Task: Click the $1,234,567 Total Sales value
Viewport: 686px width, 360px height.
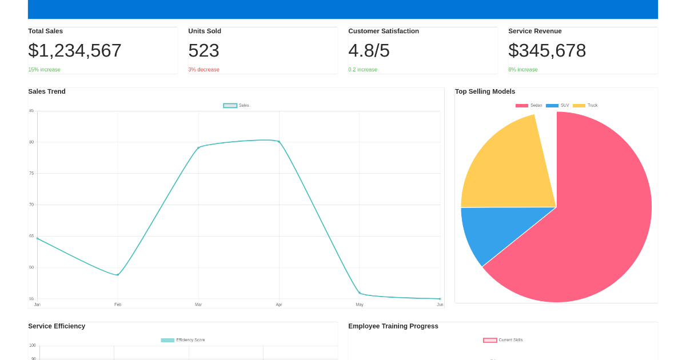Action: click(75, 50)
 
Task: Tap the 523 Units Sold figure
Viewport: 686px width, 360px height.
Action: click(204, 50)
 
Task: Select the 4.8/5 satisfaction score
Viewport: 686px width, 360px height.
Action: click(369, 50)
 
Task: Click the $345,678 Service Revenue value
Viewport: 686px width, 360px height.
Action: click(547, 50)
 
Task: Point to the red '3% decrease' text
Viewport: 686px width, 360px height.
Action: click(204, 70)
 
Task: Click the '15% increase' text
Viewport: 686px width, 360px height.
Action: click(44, 70)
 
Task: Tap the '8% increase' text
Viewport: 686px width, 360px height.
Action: click(523, 70)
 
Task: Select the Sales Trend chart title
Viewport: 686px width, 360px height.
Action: click(47, 91)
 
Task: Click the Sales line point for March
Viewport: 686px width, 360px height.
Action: click(198, 147)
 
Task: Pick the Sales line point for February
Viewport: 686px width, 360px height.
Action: click(118, 275)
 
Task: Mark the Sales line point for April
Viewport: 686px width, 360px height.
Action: click(279, 141)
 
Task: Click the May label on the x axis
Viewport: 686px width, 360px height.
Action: click(360, 305)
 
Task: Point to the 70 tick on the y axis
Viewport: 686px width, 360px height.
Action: click(31, 205)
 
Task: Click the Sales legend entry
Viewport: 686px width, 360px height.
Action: click(236, 105)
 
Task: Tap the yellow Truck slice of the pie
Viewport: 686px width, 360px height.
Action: click(509, 166)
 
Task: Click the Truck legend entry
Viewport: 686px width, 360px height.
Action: click(585, 105)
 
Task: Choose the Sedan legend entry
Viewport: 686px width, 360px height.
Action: click(529, 105)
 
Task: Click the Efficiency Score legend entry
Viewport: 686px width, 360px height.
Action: click(183, 340)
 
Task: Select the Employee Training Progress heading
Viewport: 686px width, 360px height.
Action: click(393, 326)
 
